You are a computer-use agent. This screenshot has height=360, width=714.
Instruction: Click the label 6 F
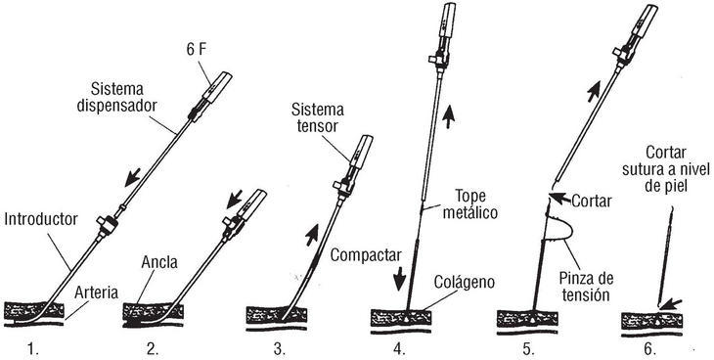[197, 50]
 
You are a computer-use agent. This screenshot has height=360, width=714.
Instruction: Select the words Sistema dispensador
[117, 97]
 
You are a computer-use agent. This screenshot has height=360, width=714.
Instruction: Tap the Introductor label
[41, 219]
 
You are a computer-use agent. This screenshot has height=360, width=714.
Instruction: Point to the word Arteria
[96, 292]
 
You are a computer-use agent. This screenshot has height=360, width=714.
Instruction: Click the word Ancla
[159, 262]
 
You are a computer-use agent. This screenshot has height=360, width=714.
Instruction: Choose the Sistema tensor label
[318, 117]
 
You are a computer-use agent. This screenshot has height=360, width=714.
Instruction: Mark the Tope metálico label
[470, 204]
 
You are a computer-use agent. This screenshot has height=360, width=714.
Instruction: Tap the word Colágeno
[464, 282]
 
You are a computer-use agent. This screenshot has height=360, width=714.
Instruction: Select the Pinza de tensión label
[586, 287]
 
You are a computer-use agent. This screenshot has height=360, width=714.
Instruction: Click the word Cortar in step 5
[591, 201]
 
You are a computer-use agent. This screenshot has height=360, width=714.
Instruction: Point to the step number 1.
[33, 349]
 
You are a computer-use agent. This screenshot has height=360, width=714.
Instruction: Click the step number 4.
[399, 349]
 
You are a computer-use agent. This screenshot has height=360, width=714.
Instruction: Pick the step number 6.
[649, 349]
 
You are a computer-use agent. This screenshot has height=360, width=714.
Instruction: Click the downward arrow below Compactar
[399, 279]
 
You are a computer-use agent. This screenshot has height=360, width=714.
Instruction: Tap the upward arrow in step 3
[311, 235]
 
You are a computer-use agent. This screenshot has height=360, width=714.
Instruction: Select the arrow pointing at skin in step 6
[670, 304]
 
